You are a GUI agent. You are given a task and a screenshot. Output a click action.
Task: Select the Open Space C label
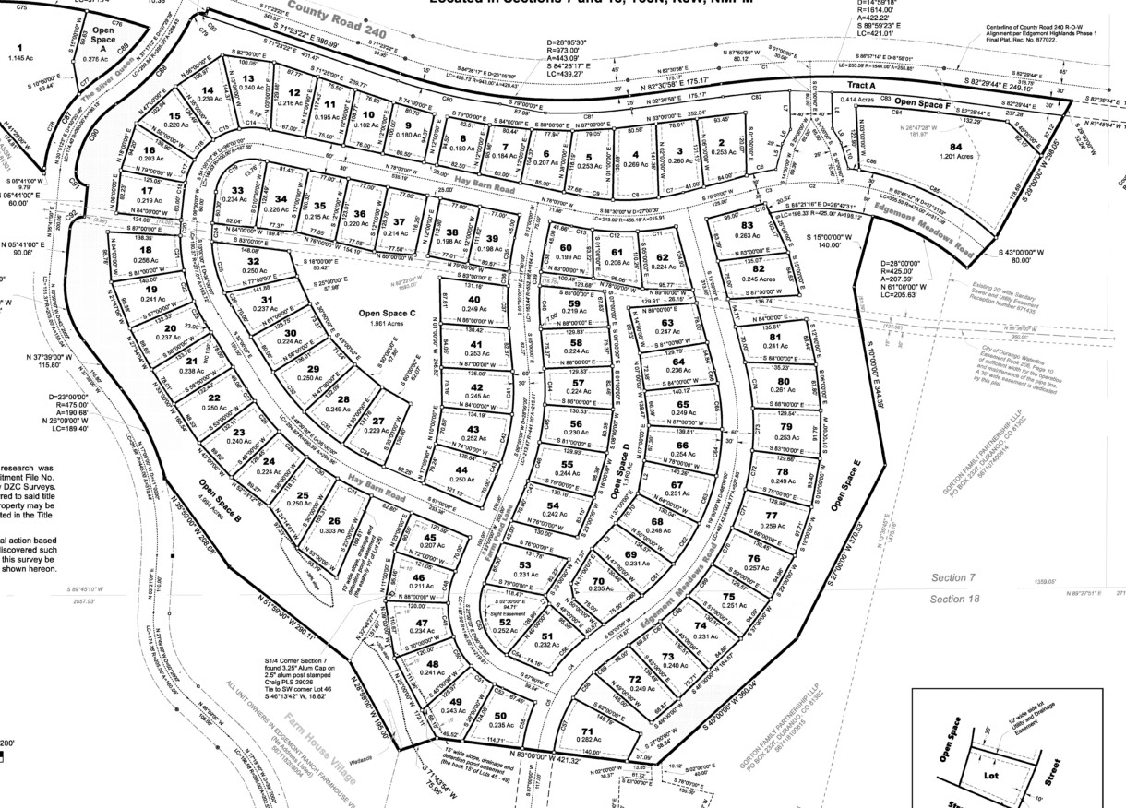pyautogui.click(x=386, y=314)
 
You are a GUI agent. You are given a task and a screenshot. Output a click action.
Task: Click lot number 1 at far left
pyautogui.click(x=18, y=46)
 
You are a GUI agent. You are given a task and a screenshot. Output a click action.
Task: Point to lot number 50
pyautogui.click(x=499, y=716)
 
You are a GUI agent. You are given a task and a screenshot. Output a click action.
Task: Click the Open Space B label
pyautogui.click(x=219, y=500)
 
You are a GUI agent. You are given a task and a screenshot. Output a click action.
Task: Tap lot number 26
pyautogui.click(x=334, y=521)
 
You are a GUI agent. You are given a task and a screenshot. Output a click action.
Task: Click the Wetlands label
pyautogui.click(x=386, y=758)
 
